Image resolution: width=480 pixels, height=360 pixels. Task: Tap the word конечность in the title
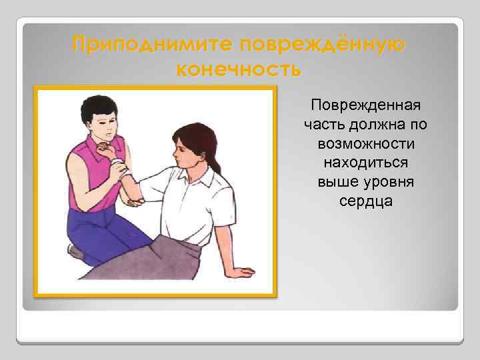(239, 69)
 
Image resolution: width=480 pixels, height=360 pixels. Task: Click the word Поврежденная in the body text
(365, 106)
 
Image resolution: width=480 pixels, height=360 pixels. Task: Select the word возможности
(365, 143)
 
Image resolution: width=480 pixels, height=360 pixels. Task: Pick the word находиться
(365, 162)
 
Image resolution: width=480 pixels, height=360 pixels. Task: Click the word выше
(337, 181)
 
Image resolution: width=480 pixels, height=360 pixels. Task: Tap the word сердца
(365, 200)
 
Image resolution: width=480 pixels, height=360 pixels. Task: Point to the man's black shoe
(75, 252)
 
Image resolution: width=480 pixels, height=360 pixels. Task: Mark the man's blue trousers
(107, 230)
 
